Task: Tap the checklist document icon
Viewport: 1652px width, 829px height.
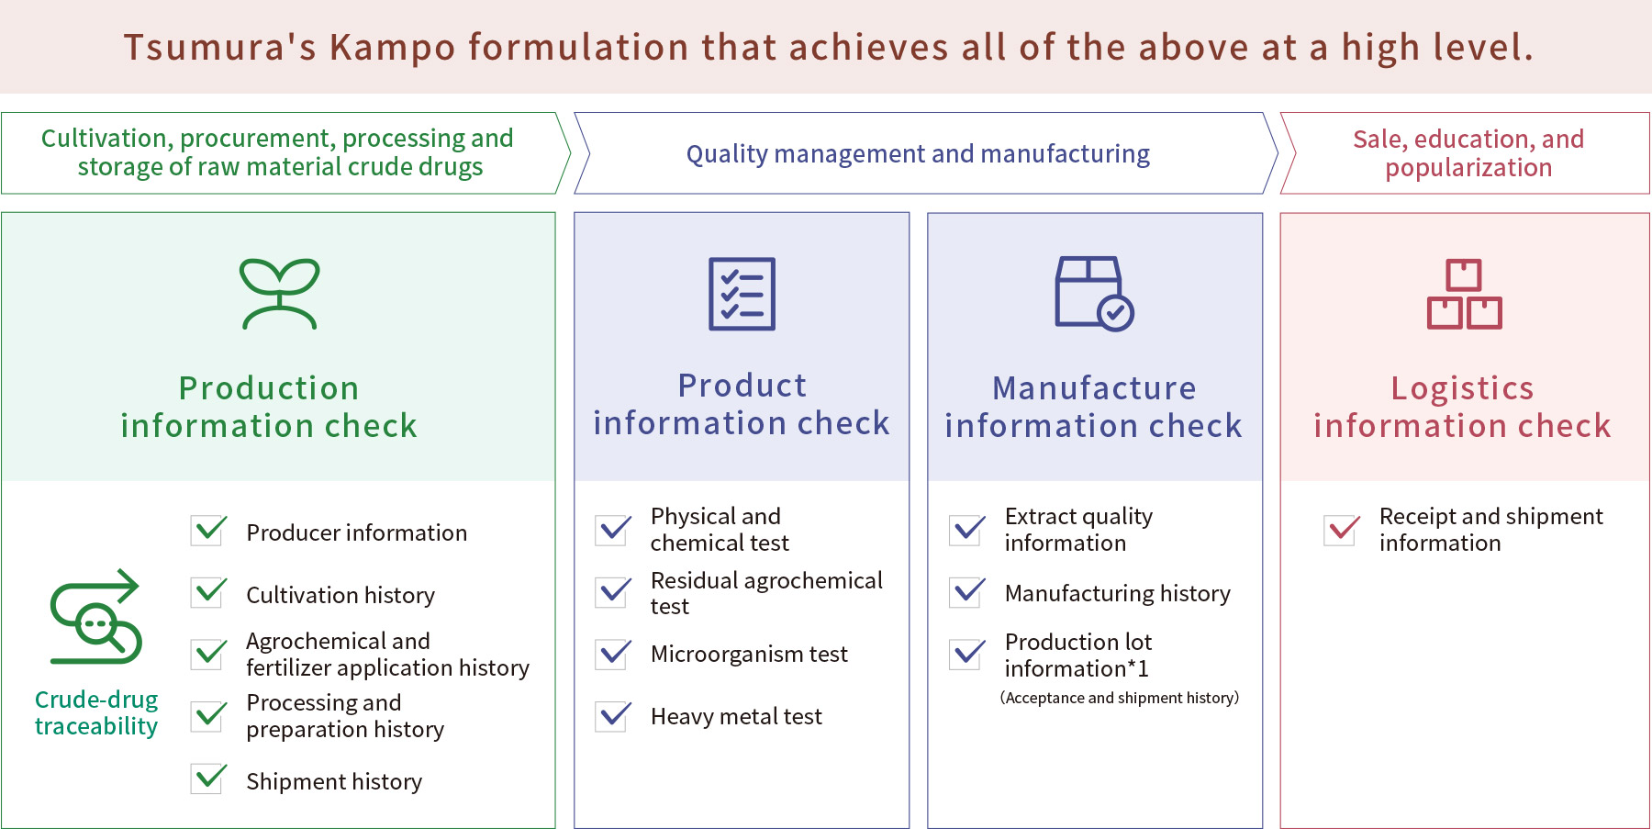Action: click(x=742, y=294)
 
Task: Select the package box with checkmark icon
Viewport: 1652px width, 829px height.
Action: click(x=1094, y=293)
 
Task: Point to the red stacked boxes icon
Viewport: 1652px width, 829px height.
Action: click(x=1464, y=294)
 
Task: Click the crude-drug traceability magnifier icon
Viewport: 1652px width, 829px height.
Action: click(x=95, y=616)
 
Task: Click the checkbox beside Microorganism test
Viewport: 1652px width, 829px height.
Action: click(x=614, y=654)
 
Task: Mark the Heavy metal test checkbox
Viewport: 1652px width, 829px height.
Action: click(x=614, y=715)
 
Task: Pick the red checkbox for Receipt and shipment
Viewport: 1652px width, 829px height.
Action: click(x=1343, y=529)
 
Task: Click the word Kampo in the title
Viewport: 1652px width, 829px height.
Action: click(x=392, y=48)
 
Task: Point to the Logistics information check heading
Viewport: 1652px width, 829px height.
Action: click(x=1462, y=407)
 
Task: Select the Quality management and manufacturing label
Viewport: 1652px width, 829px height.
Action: click(x=918, y=153)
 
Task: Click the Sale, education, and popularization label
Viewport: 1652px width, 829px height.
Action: click(x=1468, y=153)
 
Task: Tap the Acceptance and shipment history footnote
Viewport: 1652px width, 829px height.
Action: click(x=1120, y=698)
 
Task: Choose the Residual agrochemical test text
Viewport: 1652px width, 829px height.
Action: click(x=766, y=593)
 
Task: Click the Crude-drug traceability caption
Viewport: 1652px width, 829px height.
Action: click(x=96, y=712)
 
